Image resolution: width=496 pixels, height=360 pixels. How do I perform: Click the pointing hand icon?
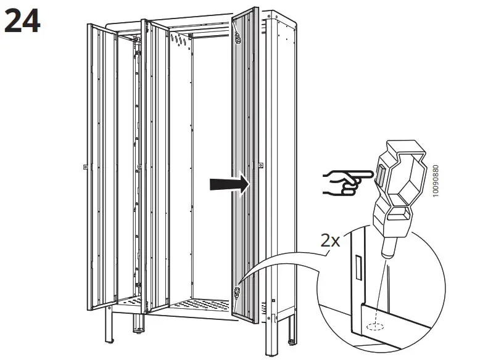[x=341, y=182]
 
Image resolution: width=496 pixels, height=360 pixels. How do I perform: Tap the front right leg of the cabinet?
[x=271, y=333]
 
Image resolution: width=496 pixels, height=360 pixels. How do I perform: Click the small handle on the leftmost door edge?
[x=85, y=166]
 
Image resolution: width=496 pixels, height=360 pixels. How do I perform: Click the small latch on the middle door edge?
[x=140, y=166]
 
